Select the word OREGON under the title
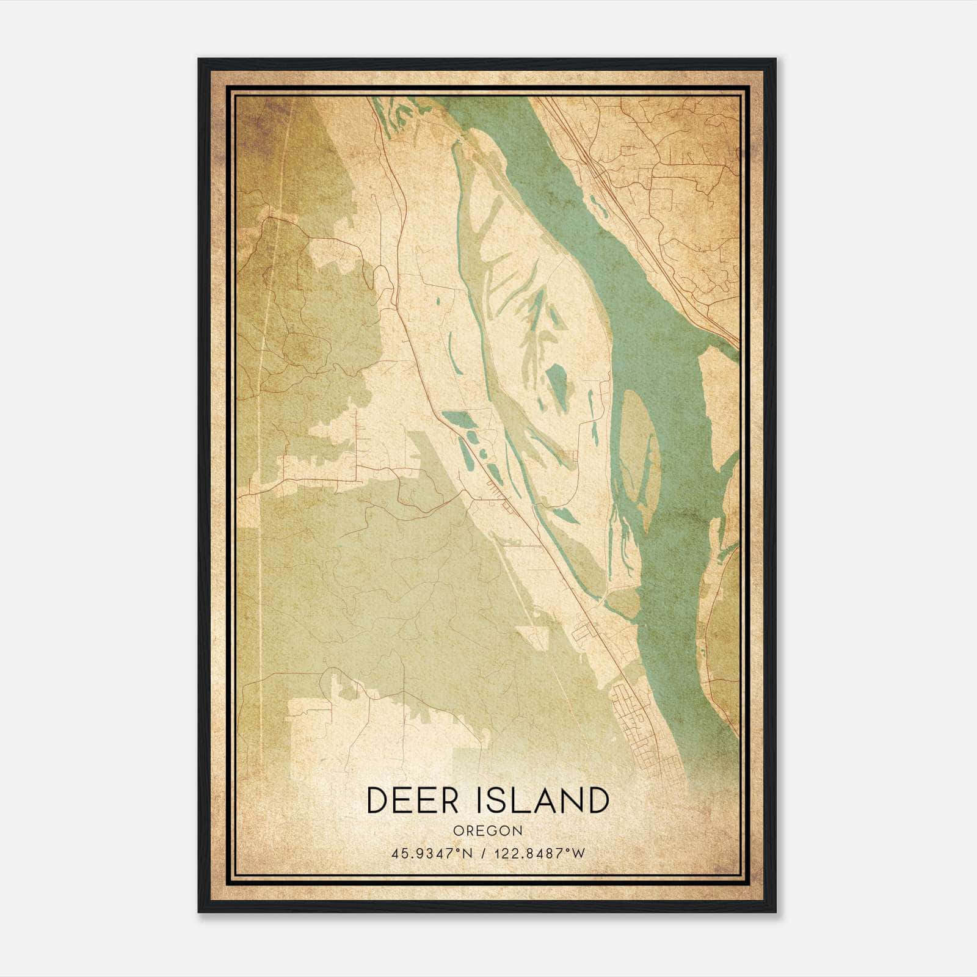click(488, 831)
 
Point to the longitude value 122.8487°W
click(541, 854)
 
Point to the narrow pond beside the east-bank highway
click(598, 205)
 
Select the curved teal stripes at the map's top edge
click(391, 113)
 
